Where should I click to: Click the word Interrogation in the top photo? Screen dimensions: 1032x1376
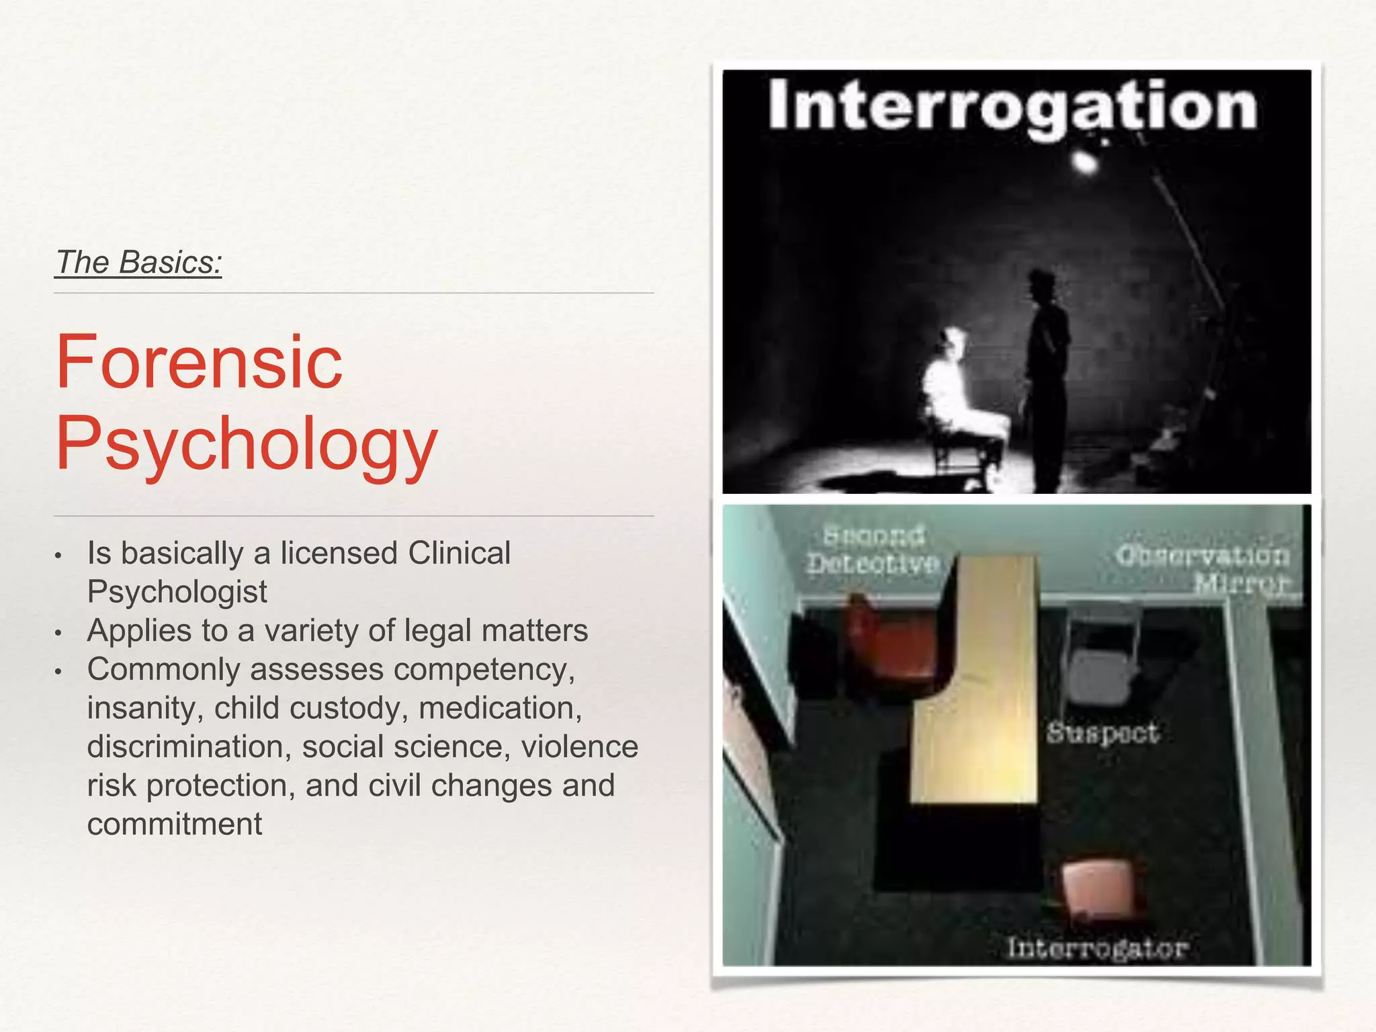click(x=1013, y=105)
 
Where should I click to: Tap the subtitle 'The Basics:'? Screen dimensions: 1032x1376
click(x=138, y=262)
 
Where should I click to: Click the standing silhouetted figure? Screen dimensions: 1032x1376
click(x=1045, y=376)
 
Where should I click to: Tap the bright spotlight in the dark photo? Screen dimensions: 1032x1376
click(x=1083, y=161)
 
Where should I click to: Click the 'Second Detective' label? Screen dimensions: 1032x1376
click(x=873, y=550)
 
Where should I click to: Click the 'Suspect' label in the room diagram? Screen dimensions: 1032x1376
click(x=1103, y=733)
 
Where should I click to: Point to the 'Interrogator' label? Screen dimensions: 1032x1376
click(x=1097, y=948)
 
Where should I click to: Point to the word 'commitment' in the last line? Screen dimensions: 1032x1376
click(x=175, y=824)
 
